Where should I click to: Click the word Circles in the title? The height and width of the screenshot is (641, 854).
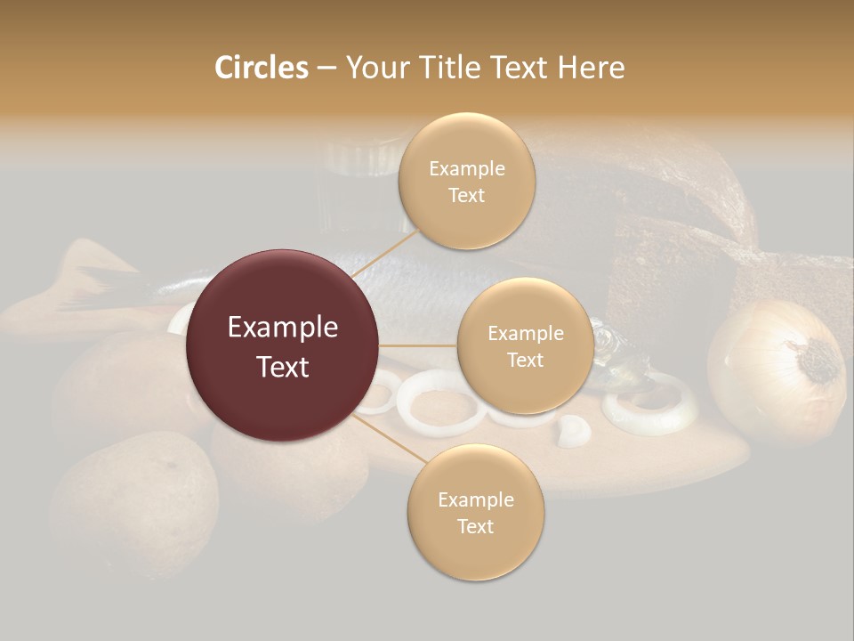tap(262, 68)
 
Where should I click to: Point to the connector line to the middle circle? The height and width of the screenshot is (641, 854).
tap(418, 345)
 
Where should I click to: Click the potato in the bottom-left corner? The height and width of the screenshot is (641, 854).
tap(133, 499)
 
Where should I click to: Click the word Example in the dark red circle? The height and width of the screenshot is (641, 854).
tap(283, 328)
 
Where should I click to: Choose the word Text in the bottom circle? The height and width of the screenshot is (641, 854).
tap(475, 526)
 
